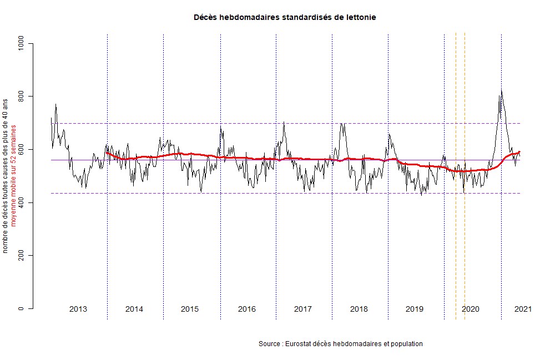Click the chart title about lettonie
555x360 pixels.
(285, 17)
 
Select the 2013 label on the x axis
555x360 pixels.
(78, 309)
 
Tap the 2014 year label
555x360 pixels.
(134, 309)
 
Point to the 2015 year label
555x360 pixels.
(190, 309)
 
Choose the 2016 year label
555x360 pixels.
(247, 309)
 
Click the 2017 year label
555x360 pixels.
(302, 309)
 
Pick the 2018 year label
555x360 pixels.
(359, 309)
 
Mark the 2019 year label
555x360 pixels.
(415, 309)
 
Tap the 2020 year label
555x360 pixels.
(471, 309)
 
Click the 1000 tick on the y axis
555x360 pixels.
(22, 43)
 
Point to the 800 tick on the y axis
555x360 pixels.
(22, 97)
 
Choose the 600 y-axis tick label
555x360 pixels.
(22, 150)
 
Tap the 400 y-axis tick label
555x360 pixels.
(22, 203)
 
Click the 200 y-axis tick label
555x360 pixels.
(22, 256)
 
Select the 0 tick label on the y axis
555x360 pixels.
(22, 309)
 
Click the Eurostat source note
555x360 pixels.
(341, 344)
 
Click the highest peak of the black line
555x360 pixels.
(501, 90)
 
